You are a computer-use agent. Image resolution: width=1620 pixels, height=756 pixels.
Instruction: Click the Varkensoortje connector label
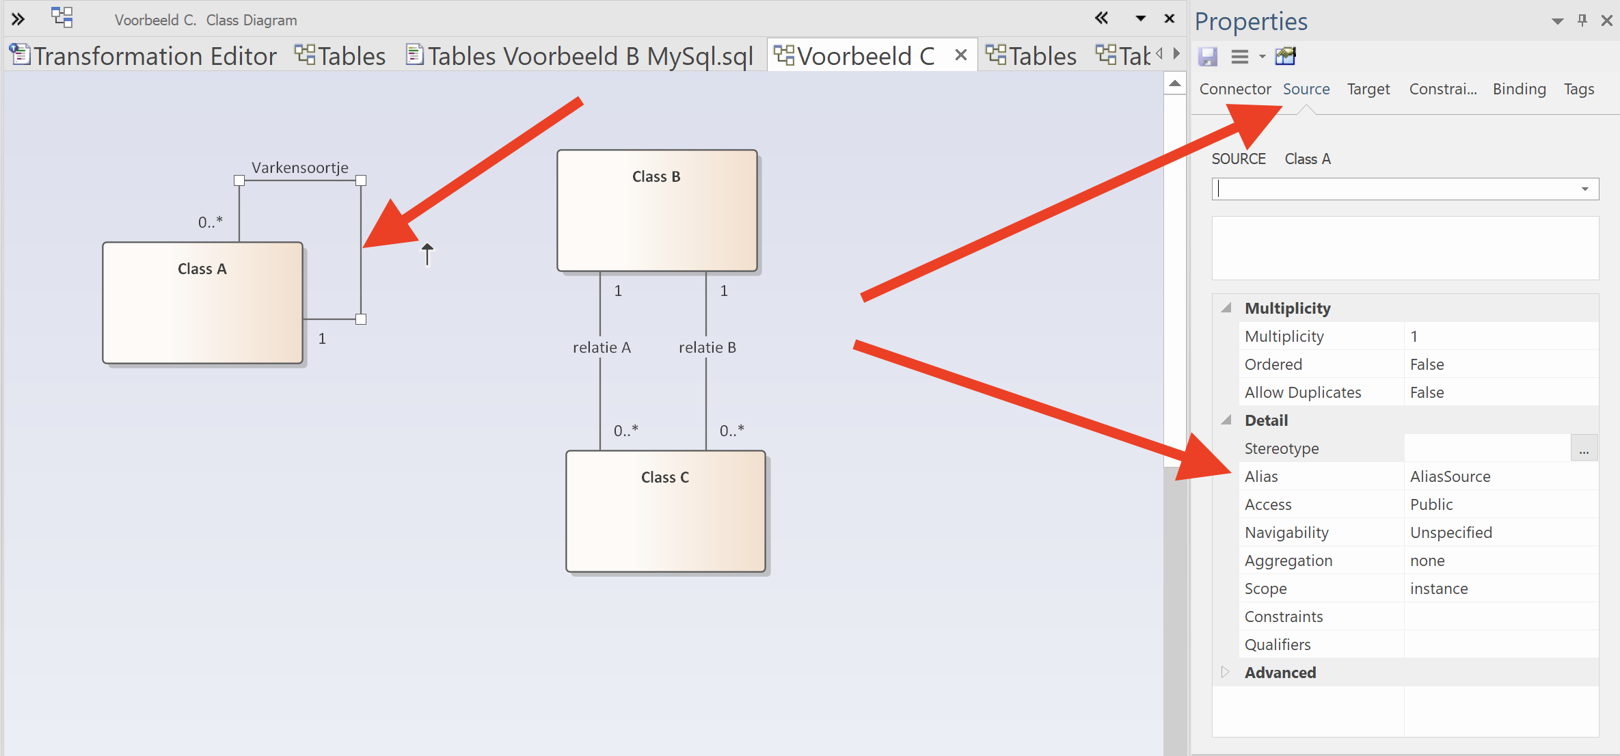pos(299,167)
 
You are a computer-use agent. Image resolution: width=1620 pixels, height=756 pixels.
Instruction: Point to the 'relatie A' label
pos(602,347)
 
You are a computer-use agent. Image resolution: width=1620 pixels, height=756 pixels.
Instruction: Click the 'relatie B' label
pos(707,347)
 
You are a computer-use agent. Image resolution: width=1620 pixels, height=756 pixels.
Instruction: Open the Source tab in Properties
pos(1306,89)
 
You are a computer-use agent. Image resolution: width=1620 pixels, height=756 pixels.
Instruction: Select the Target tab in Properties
pos(1368,89)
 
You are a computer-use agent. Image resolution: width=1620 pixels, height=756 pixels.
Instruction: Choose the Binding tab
pos(1519,89)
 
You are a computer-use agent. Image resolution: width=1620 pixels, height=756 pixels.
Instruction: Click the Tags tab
pos(1578,89)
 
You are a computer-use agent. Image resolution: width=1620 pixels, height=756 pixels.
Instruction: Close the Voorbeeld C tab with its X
pos(960,55)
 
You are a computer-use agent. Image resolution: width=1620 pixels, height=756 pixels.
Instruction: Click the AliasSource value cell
pos(1450,476)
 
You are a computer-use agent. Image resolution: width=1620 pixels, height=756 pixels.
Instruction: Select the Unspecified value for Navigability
pos(1450,532)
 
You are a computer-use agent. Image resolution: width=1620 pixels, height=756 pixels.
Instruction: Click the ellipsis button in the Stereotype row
pos(1584,449)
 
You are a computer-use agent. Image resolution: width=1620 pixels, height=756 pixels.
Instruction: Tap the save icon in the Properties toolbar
pos(1208,56)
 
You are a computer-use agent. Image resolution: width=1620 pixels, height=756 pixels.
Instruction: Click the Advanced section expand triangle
pos(1225,672)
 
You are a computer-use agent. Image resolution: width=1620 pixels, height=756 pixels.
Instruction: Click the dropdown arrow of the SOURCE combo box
pos(1584,189)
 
